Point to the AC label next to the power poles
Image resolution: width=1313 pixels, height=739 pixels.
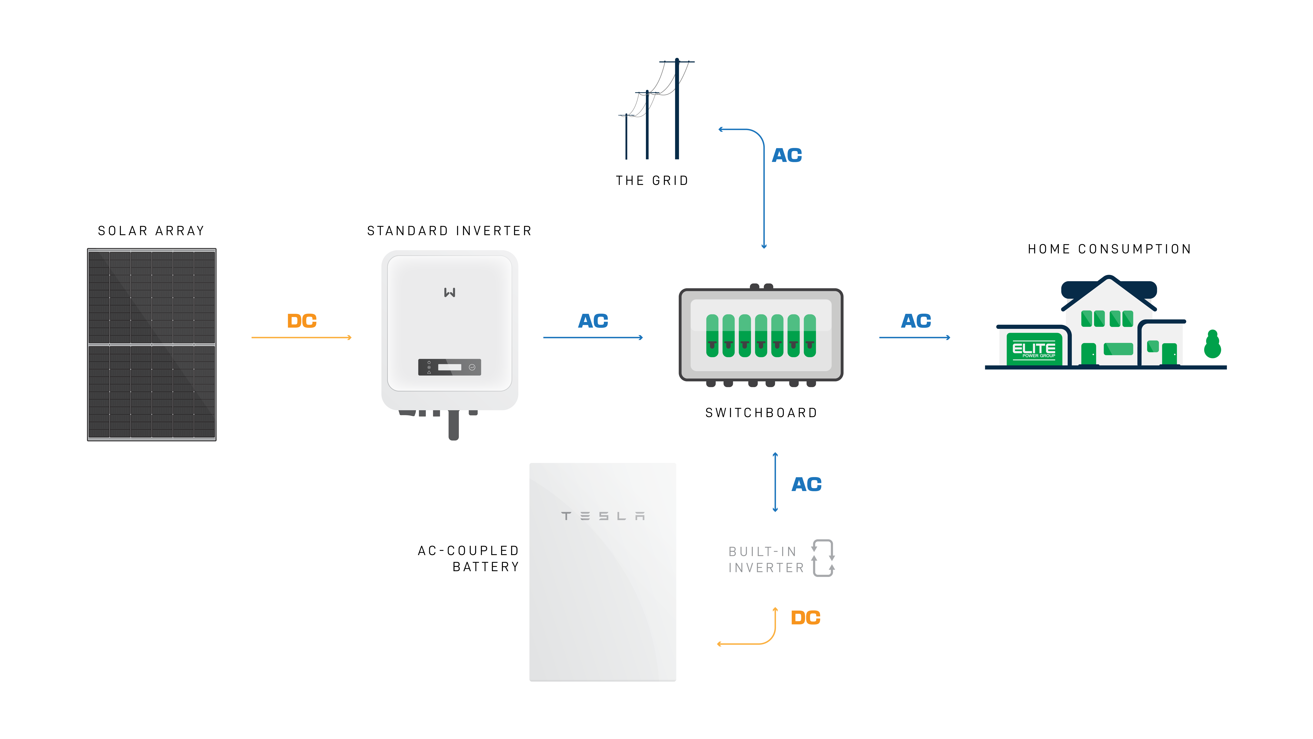(787, 155)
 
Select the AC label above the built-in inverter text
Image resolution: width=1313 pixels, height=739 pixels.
(806, 484)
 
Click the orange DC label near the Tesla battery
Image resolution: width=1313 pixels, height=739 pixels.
(805, 618)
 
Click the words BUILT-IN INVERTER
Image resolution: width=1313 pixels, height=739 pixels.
(766, 560)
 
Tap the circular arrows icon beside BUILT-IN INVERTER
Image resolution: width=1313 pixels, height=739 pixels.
(823, 558)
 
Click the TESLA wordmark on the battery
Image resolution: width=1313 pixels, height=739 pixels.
(603, 516)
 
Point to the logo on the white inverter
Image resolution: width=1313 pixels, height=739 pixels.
(449, 292)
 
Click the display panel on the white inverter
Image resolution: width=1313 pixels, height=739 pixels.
(449, 367)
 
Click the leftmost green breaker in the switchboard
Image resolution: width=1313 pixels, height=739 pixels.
(712, 336)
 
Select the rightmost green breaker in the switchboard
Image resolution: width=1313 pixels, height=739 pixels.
(809, 336)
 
